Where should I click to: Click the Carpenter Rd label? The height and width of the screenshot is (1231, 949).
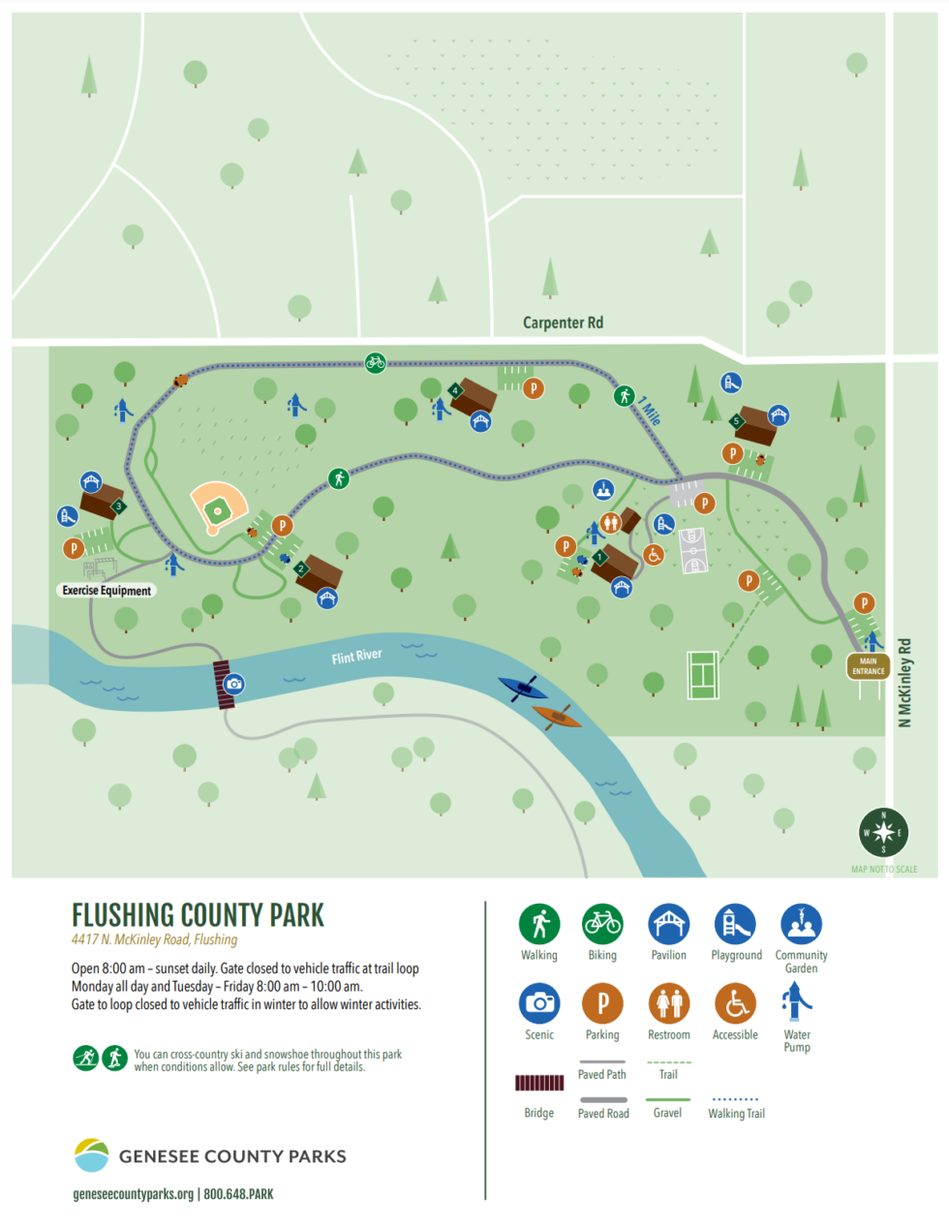563,323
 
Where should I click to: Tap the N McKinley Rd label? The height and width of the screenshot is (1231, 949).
904,682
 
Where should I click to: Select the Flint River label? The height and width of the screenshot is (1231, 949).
356,657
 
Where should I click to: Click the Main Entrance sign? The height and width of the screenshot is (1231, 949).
868,666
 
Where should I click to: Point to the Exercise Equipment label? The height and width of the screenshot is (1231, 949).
107,590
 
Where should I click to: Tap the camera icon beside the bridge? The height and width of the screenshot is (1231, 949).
234,684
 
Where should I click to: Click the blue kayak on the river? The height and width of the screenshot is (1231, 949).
523,689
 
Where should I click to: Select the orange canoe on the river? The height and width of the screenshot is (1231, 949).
557,717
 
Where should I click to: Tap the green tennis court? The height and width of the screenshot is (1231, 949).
702,675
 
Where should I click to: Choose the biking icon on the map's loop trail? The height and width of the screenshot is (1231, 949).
376,362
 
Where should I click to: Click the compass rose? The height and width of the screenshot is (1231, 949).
883,832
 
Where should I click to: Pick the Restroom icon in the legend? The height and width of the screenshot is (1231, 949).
669,1003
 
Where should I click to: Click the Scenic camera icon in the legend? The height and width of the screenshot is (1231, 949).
539,1003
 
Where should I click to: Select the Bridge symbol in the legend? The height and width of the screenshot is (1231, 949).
539,1083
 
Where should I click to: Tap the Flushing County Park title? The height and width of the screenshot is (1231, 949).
198,915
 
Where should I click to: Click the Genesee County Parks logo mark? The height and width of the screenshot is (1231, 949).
92,1155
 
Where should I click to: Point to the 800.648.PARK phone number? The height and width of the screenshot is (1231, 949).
238,1194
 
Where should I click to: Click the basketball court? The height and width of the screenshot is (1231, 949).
693,550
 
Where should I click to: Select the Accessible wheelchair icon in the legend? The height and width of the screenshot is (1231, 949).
735,1003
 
